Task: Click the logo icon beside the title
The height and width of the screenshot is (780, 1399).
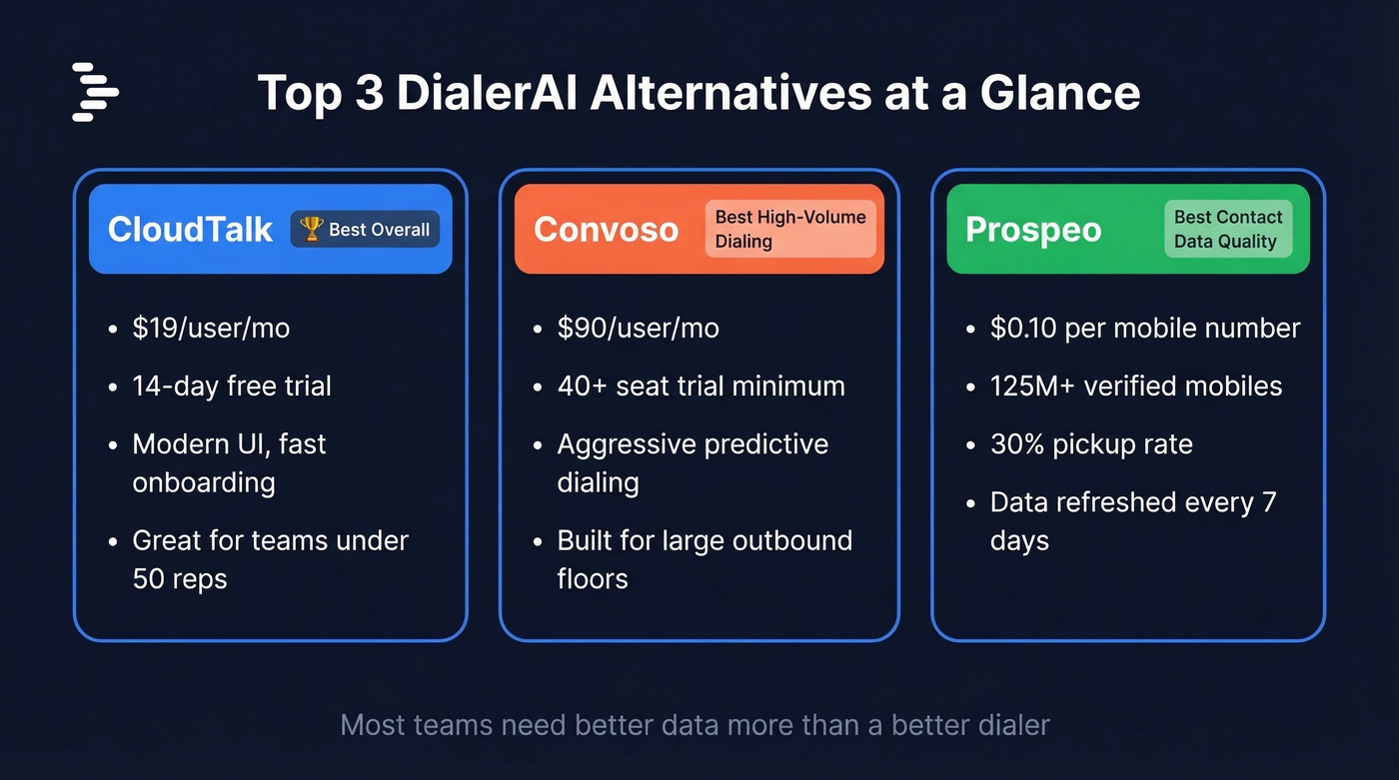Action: (95, 92)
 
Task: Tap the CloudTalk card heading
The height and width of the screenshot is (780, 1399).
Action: (190, 230)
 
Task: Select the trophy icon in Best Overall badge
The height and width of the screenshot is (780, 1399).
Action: (312, 229)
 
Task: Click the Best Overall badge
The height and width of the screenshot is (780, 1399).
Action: (365, 229)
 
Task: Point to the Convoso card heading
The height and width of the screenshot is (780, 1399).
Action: (606, 230)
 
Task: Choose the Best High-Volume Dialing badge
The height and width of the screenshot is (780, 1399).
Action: (789, 229)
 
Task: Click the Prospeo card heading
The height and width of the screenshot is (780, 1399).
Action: (1032, 230)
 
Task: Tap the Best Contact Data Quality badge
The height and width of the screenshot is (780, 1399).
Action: (1227, 229)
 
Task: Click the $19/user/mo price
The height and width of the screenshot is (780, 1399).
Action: (211, 329)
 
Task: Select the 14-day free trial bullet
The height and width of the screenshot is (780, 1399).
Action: (232, 387)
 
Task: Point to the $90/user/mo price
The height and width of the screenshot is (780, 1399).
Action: (638, 329)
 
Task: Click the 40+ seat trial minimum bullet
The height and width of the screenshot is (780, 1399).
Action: (700, 387)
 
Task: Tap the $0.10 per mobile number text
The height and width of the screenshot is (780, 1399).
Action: (1144, 329)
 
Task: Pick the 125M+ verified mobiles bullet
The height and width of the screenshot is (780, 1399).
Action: (1135, 387)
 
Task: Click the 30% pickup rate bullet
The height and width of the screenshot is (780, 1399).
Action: (1091, 444)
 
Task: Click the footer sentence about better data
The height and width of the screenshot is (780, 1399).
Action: (695, 724)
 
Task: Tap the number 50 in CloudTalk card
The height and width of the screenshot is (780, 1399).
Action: (149, 579)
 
